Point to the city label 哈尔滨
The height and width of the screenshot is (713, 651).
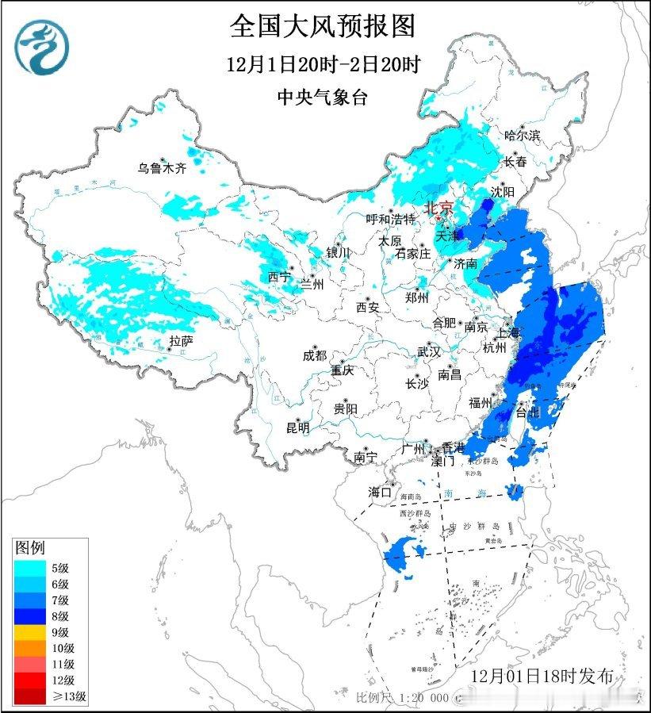tap(522, 136)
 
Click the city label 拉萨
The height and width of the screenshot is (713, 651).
tap(181, 341)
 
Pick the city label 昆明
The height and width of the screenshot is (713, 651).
tap(298, 428)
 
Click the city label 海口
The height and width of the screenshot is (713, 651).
tap(381, 493)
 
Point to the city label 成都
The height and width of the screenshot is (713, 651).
tap(314, 356)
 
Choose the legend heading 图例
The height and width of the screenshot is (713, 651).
tap(30, 548)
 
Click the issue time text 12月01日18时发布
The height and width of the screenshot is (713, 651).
tap(542, 676)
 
